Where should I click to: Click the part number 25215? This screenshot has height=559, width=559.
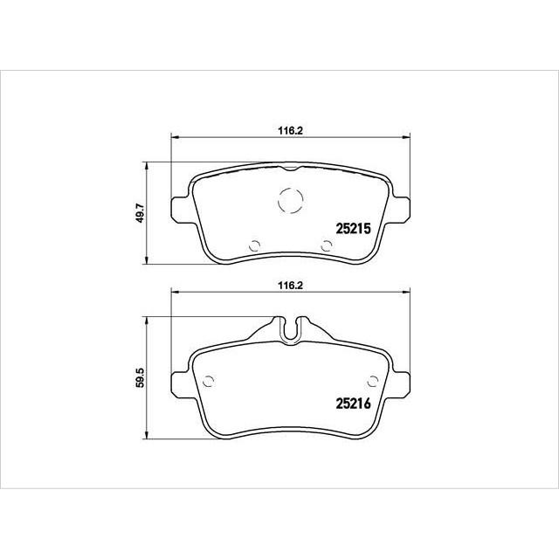click(x=355, y=228)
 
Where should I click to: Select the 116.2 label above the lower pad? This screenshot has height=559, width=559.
click(x=289, y=284)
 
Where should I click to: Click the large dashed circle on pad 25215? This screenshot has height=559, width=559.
click(x=290, y=200)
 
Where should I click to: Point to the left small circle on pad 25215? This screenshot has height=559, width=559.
click(x=254, y=245)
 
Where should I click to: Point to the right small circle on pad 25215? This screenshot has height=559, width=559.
click(x=325, y=245)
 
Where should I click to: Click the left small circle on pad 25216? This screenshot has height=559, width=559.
click(x=208, y=380)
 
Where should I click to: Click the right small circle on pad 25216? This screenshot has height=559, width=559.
click(x=373, y=380)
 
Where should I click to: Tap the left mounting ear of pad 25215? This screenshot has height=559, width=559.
click(x=179, y=207)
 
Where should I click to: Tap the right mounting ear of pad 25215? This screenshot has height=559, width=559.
click(x=401, y=207)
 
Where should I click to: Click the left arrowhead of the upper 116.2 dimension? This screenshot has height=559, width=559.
click(x=173, y=136)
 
